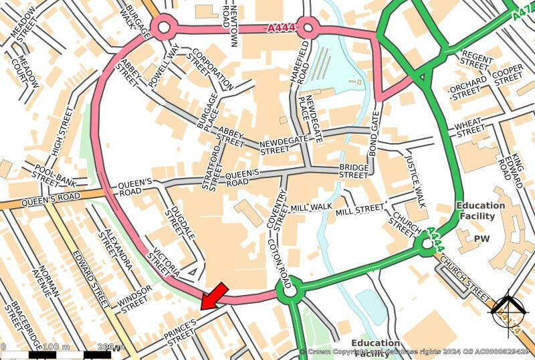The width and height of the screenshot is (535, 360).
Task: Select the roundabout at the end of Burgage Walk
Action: pos(163,27)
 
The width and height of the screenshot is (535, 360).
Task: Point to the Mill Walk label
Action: pos(312,209)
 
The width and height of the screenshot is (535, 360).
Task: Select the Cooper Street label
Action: pos(508,74)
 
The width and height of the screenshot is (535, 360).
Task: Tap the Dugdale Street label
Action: pos(173,211)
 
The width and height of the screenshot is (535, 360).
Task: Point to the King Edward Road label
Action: pos(513,168)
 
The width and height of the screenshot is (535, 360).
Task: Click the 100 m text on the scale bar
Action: pos(56,347)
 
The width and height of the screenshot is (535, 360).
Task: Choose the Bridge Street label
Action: pos(354,171)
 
